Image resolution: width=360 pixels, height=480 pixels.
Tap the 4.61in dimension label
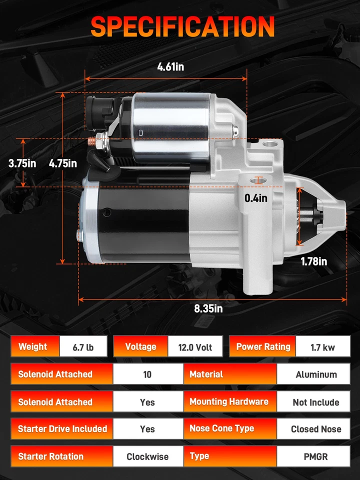(x=170, y=66)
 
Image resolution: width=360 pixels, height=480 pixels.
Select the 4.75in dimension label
(x=63, y=163)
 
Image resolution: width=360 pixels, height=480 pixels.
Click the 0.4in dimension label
(x=255, y=198)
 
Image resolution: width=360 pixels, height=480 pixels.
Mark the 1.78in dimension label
(x=314, y=261)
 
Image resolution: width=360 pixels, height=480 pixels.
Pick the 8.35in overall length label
(x=208, y=308)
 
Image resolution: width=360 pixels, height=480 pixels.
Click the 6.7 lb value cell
(x=83, y=347)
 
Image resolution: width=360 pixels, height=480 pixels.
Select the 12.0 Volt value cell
(x=195, y=347)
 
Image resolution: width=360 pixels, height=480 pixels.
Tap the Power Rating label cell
(x=263, y=347)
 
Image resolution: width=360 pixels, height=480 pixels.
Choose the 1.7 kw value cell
(x=322, y=347)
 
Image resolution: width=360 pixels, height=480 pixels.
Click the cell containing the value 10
(x=147, y=374)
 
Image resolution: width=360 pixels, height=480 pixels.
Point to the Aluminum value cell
(x=316, y=374)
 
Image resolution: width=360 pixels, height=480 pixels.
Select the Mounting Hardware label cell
(x=229, y=402)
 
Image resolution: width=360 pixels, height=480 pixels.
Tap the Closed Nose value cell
(x=316, y=429)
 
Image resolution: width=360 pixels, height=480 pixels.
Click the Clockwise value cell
(x=147, y=456)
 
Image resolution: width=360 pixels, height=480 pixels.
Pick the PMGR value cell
(x=316, y=456)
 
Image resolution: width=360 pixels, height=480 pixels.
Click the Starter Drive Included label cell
(x=62, y=429)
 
